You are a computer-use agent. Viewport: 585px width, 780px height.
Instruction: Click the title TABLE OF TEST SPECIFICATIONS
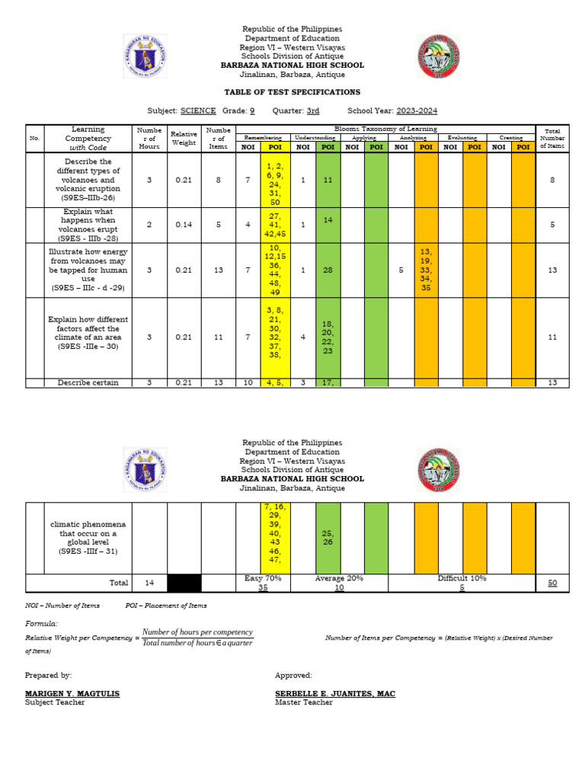(x=292, y=92)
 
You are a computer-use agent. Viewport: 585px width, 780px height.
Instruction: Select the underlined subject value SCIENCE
(x=197, y=110)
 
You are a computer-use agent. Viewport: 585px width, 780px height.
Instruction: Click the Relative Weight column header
(x=183, y=139)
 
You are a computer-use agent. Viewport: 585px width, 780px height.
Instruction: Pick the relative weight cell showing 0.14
(x=183, y=225)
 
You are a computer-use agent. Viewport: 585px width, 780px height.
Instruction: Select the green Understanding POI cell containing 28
(x=328, y=270)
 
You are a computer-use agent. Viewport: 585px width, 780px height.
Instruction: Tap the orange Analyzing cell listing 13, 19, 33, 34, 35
(x=426, y=270)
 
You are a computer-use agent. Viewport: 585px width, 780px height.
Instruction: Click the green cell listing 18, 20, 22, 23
(x=328, y=337)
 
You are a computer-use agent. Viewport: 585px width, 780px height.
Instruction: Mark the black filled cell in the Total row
(x=184, y=583)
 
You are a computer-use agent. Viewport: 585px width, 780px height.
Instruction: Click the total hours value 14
(x=149, y=583)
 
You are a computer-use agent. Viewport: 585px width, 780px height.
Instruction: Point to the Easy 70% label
(x=263, y=578)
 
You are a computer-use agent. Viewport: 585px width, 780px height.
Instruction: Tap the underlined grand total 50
(x=552, y=583)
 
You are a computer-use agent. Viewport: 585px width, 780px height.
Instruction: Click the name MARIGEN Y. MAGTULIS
(x=72, y=694)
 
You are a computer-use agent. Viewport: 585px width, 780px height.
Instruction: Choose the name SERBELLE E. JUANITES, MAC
(x=334, y=694)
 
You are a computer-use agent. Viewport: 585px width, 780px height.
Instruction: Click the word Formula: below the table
(x=41, y=623)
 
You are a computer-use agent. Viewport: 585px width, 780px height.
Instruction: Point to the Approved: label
(x=293, y=675)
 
